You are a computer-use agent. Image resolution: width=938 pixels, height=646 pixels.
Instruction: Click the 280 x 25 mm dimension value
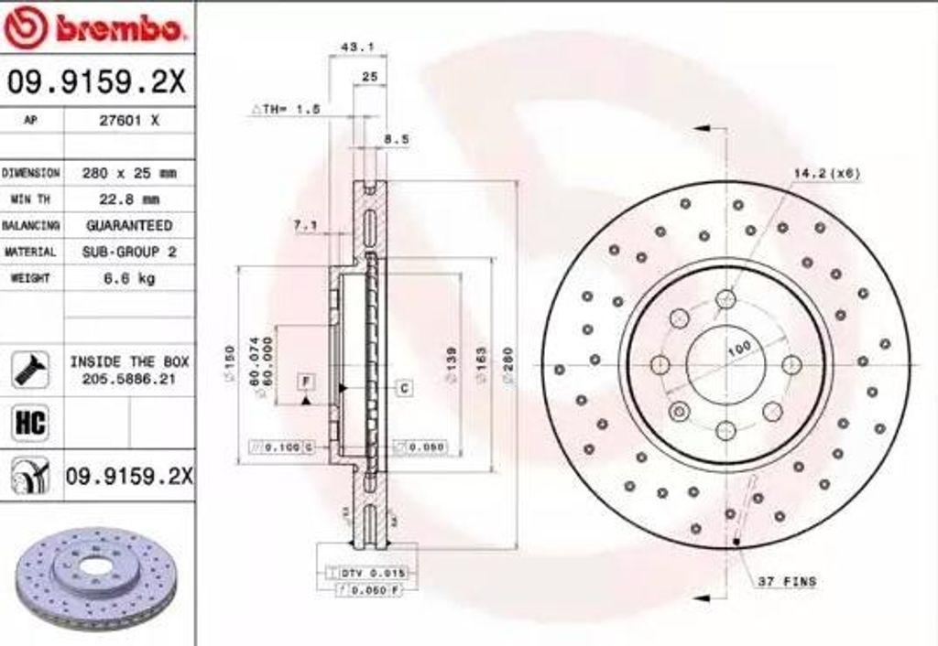[x=129, y=173]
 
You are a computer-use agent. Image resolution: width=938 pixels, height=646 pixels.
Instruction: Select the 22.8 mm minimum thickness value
[x=129, y=199]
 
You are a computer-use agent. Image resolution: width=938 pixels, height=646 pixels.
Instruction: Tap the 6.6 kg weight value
[x=129, y=277]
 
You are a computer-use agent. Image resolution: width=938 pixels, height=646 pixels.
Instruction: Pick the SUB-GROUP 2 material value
[x=129, y=251]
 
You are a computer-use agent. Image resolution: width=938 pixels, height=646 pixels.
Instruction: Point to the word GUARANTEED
[x=129, y=225]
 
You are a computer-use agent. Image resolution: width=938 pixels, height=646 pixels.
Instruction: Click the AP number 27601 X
[x=129, y=119]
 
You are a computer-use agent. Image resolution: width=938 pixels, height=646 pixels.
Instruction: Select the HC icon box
[x=31, y=422]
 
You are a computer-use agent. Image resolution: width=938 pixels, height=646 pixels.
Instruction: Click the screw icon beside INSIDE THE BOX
[x=31, y=369]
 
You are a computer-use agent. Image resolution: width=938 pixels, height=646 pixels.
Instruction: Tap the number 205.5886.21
[x=129, y=378]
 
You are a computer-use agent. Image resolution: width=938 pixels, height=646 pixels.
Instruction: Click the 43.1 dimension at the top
[x=351, y=46]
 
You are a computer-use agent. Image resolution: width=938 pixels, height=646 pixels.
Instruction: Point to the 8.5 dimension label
[x=396, y=139]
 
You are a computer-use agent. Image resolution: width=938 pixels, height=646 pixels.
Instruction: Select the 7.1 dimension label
[x=305, y=224]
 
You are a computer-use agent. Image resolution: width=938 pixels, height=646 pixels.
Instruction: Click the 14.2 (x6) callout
[x=826, y=173]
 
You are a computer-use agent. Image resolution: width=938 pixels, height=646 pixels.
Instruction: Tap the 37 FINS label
[x=787, y=581]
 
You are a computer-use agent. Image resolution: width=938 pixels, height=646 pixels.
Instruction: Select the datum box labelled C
[x=404, y=388]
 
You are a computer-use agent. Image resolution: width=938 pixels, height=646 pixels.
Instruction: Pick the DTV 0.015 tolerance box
[x=366, y=572]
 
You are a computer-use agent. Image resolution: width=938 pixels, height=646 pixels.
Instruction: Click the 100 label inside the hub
[x=738, y=348]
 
